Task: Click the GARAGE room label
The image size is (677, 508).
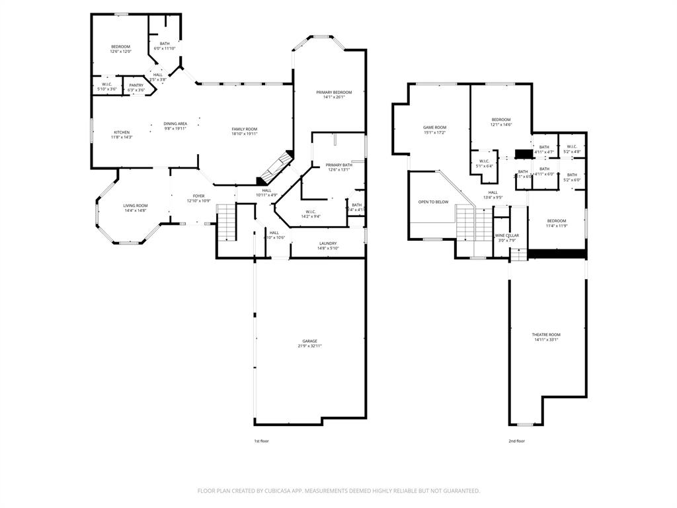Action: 310,341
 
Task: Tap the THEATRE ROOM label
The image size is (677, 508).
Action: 546,335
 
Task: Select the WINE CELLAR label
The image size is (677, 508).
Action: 507,235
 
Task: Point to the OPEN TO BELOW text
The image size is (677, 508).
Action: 433,202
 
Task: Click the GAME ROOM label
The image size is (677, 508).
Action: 434,128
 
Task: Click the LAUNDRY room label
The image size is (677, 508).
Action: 328,243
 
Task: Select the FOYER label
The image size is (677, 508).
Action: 198,196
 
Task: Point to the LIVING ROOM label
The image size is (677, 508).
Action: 135,206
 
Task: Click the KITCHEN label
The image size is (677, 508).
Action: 122,132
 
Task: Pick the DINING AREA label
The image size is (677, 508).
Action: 175,124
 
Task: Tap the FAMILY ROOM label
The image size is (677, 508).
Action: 244,129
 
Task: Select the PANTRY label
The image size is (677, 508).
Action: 136,85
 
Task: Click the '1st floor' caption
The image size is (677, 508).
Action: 261,441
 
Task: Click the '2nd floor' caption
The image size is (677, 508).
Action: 516,441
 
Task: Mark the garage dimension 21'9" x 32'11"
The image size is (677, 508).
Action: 310,346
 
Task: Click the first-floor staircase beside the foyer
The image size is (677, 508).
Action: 226,222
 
